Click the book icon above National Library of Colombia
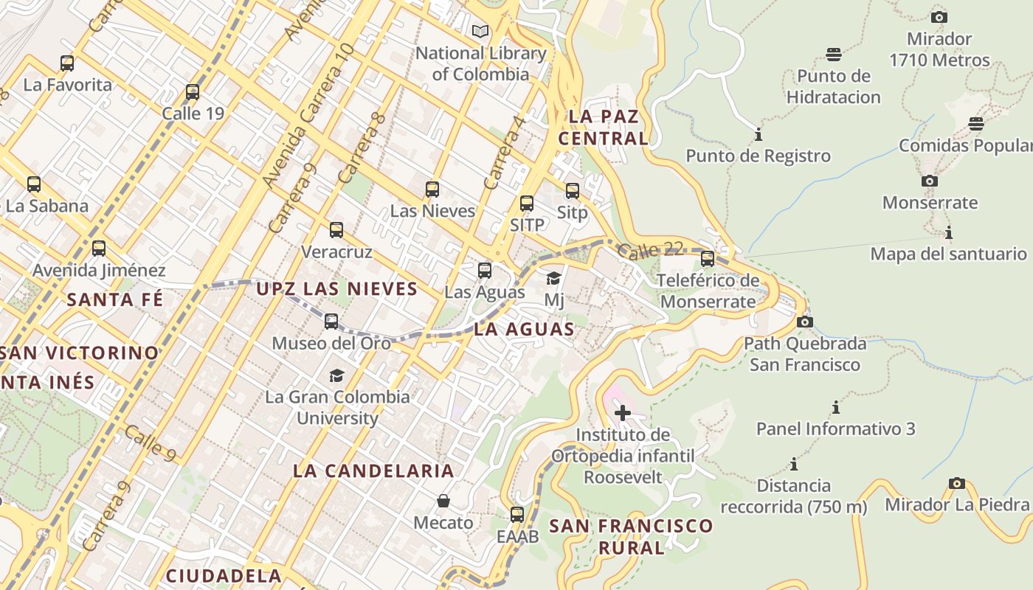pyautogui.click(x=480, y=32)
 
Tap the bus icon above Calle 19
pyautogui.click(x=193, y=92)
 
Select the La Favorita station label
pyautogui.click(x=68, y=85)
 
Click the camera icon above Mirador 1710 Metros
pyautogui.click(x=939, y=17)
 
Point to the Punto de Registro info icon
pyautogui.click(x=759, y=135)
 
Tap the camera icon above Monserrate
pyautogui.click(x=930, y=181)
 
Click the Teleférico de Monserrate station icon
pyautogui.click(x=708, y=259)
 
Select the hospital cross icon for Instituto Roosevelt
pyautogui.click(x=623, y=413)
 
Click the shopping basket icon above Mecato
pyautogui.click(x=443, y=502)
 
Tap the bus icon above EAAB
pyautogui.click(x=517, y=515)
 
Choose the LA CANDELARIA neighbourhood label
pyautogui.click(x=373, y=471)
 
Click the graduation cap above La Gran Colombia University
pyautogui.click(x=337, y=375)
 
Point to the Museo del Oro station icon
pyautogui.click(x=331, y=322)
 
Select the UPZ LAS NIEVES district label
pyautogui.click(x=337, y=289)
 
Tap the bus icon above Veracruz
pyautogui.click(x=336, y=230)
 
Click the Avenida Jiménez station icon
pyautogui.click(x=99, y=249)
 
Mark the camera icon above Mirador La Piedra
pyautogui.click(x=957, y=484)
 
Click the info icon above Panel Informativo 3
pyautogui.click(x=836, y=407)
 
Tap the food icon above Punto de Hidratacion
pyautogui.click(x=834, y=55)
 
